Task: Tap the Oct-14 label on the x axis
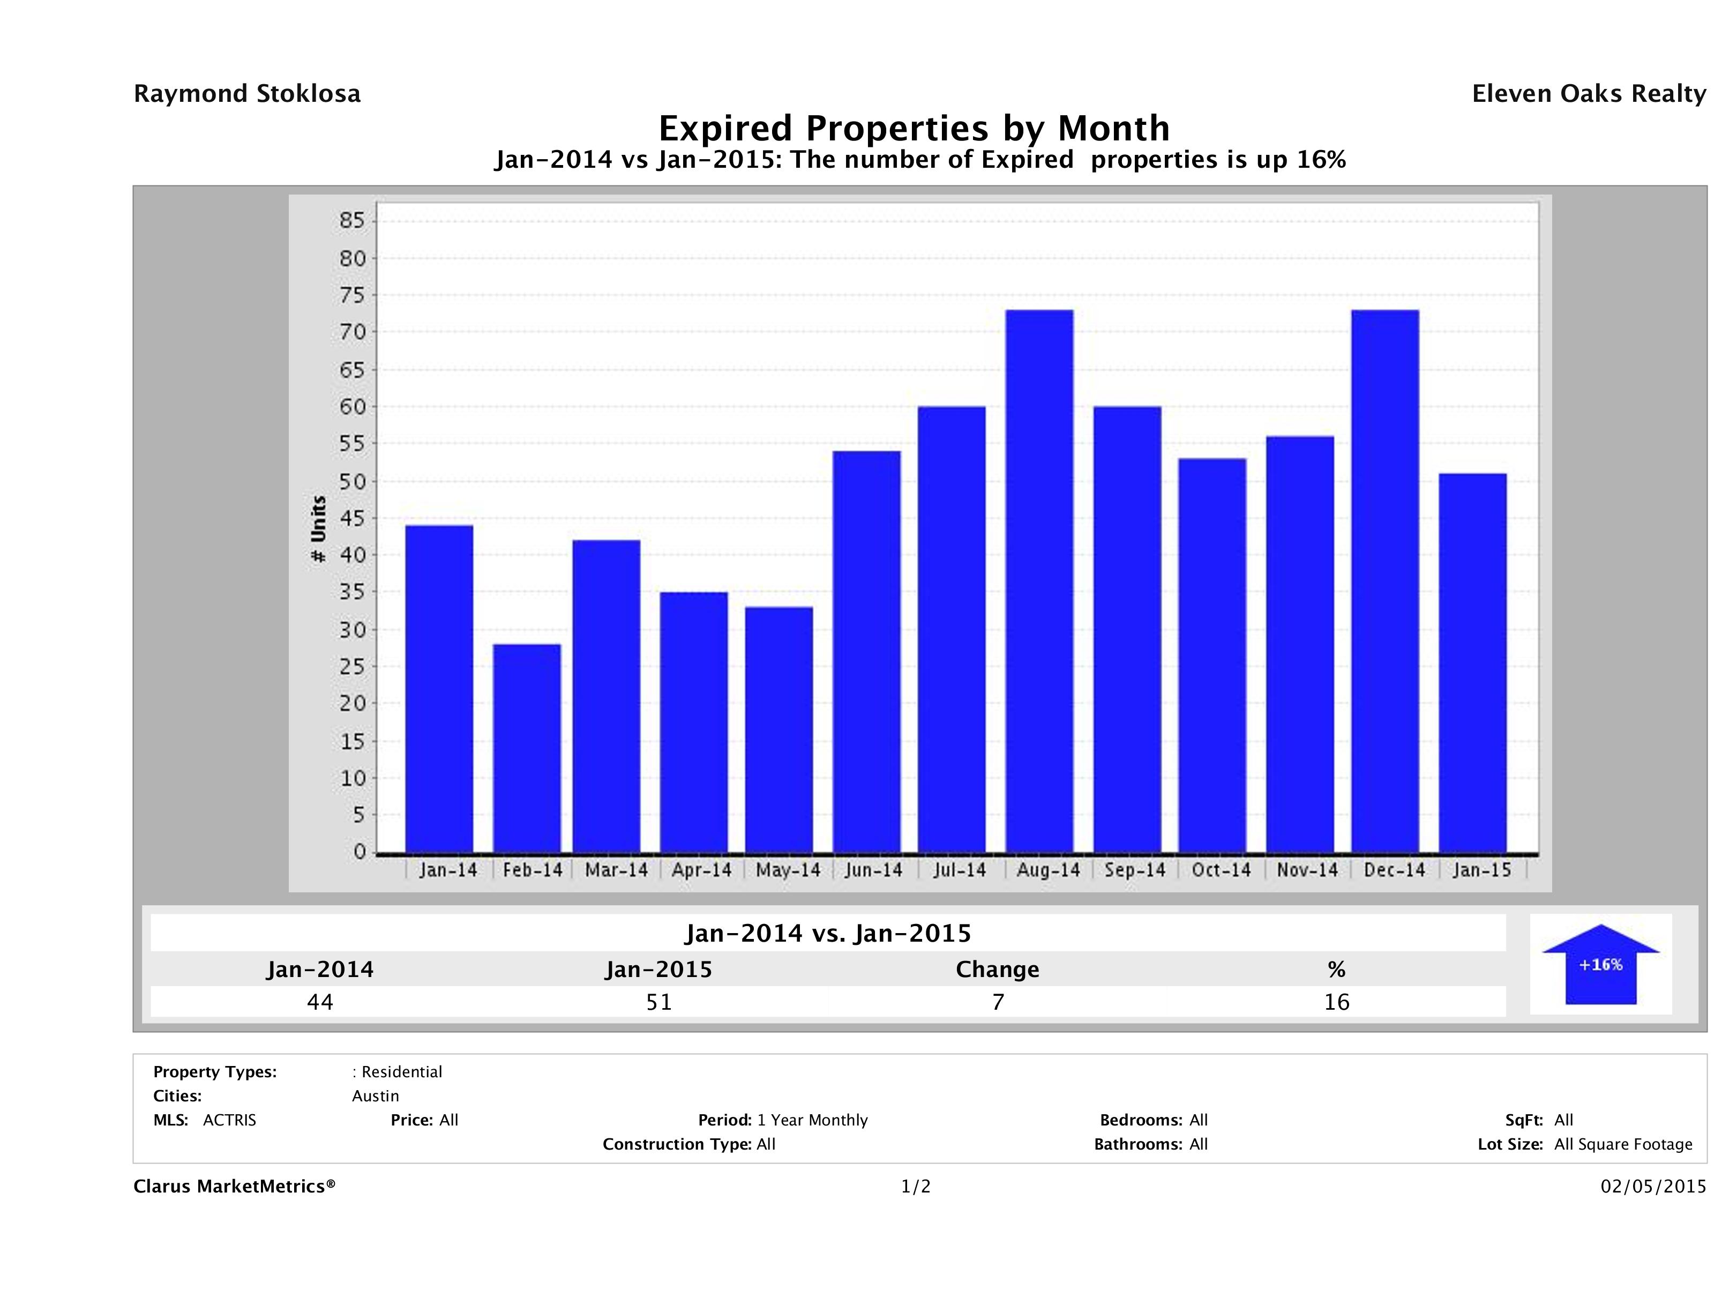point(1221,870)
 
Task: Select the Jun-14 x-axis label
point(873,870)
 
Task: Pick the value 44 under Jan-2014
point(320,1002)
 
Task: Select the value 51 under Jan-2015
point(659,1002)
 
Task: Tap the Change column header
point(998,970)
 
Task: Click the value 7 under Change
point(998,1002)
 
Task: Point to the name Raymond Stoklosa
point(247,94)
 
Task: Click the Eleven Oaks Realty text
point(1588,94)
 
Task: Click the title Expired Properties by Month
point(914,128)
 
